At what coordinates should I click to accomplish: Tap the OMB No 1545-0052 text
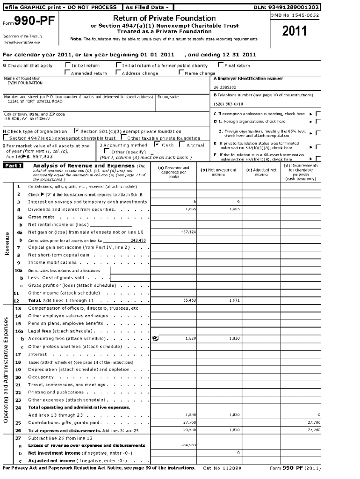295,15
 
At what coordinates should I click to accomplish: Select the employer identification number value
225,87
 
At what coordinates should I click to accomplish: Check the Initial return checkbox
68,65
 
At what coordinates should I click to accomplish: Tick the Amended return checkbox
68,73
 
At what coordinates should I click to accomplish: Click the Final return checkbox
221,65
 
